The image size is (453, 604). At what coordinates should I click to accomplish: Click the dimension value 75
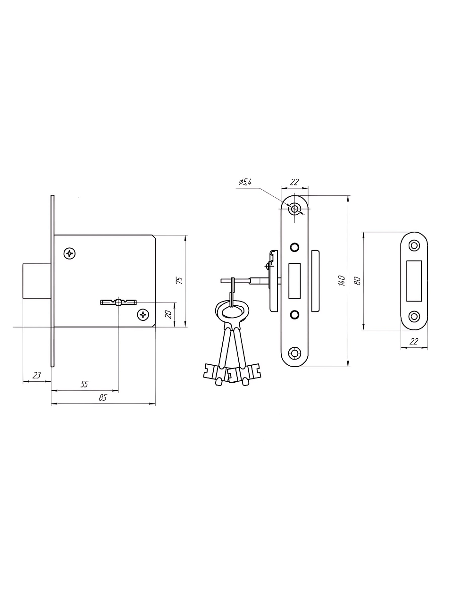coord(180,280)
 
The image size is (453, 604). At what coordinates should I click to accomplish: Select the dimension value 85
coord(102,397)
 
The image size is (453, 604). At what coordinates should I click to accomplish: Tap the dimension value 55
coord(84,384)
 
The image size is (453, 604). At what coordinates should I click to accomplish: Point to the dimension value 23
coord(37,375)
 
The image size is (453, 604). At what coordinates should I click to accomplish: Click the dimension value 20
coord(168,314)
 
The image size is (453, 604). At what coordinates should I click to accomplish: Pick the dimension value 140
coord(342,280)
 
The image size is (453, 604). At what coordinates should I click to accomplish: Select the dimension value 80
coord(358,281)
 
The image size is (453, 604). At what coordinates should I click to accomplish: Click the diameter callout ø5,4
coord(245,182)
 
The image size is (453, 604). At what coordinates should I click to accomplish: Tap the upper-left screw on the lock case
coord(69,253)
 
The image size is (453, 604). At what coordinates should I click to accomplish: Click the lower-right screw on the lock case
coord(143,314)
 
